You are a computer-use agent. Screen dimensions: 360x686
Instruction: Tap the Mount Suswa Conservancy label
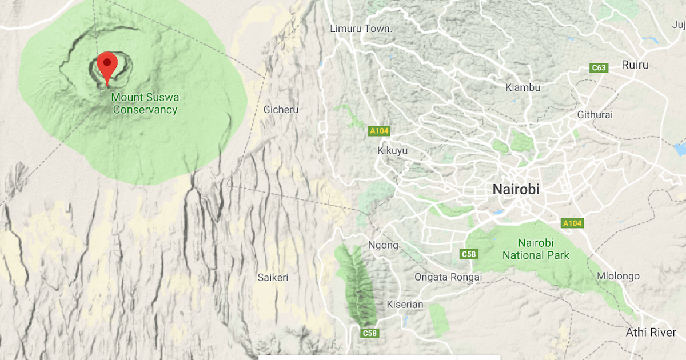pos(145,103)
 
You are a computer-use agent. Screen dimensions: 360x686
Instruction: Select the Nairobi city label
pos(516,189)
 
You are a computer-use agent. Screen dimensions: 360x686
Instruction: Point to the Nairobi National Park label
pos(536,249)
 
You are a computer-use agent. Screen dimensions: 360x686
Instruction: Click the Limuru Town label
pos(361,29)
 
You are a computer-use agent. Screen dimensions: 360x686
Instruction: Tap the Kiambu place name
pos(523,87)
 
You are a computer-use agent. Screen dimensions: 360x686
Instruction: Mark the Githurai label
pos(595,115)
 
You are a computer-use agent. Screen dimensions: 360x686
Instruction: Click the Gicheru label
pos(281,109)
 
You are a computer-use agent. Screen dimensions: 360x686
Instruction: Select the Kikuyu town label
pos(393,150)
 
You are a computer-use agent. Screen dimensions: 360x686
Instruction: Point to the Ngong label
pos(383,245)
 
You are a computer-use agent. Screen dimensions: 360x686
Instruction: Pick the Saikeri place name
pos(273,277)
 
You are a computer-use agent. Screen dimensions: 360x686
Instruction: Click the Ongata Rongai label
pos(448,277)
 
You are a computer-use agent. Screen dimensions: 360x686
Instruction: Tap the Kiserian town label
pos(405,304)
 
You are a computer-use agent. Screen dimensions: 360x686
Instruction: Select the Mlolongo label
pos(618,276)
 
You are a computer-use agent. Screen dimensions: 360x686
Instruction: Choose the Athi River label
pos(651,332)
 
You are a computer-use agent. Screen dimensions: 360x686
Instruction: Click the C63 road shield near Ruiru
pos(599,68)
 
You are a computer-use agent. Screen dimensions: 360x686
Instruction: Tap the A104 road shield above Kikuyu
pos(379,131)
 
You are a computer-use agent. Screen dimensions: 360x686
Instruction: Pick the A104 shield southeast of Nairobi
pos(571,223)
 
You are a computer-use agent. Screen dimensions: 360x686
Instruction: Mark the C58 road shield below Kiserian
pos(370,333)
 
